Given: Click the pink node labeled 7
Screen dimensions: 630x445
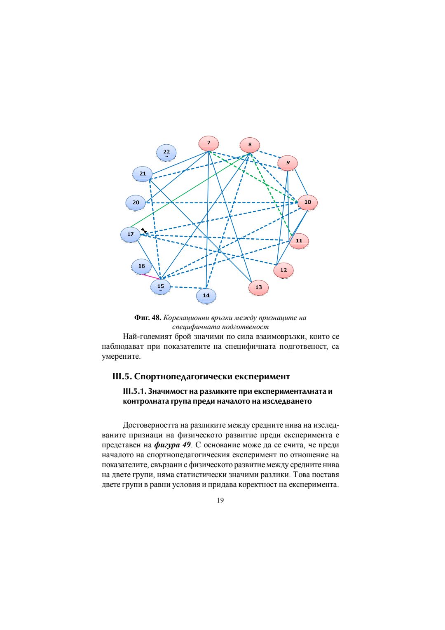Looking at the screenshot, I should (x=208, y=143).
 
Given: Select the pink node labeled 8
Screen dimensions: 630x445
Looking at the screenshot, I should (x=250, y=145).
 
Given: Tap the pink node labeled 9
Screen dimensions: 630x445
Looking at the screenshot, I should (x=288, y=162).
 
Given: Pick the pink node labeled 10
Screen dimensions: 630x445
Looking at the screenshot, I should (x=307, y=202).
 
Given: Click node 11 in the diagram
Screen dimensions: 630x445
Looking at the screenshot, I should (x=299, y=241).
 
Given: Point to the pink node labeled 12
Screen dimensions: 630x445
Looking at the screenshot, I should (x=283, y=270).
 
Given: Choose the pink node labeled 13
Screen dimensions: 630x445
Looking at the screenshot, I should (x=258, y=287).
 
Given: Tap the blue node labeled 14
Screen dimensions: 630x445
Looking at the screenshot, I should (x=206, y=295).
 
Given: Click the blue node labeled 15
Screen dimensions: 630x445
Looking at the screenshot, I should (x=160, y=286).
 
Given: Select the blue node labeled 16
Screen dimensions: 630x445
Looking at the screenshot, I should (x=141, y=266).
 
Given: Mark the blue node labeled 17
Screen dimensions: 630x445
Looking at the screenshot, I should (x=130, y=234).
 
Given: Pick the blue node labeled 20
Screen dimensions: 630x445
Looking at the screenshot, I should (x=136, y=202).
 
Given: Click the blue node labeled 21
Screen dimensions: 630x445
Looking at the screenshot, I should (x=143, y=174).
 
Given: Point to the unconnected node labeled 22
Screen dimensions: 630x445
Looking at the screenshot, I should (x=166, y=152).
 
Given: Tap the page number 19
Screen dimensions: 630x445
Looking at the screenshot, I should (x=220, y=500).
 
